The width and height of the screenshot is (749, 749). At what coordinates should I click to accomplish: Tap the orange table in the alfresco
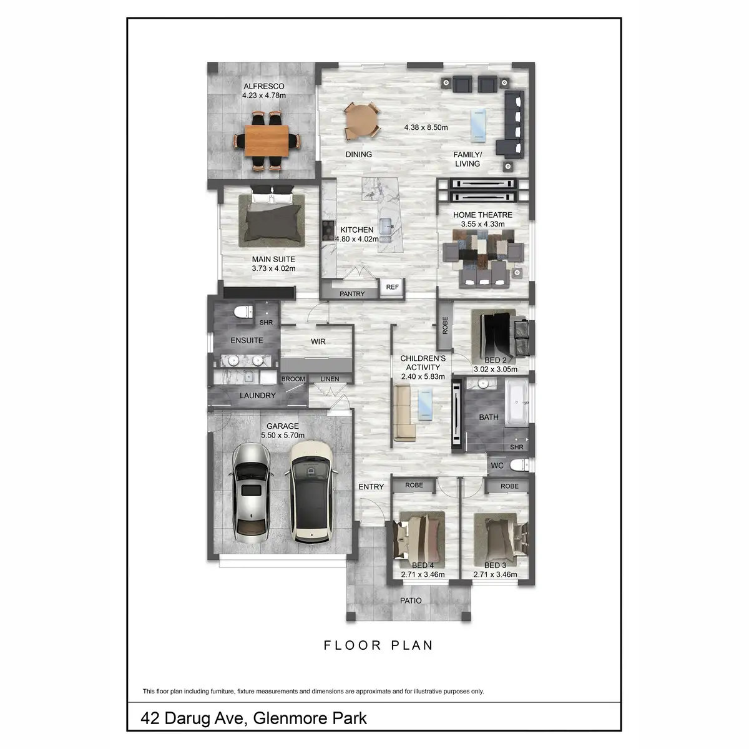267,141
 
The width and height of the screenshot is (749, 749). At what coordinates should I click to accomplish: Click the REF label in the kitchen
392,287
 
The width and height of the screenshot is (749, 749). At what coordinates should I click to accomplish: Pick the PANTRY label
352,293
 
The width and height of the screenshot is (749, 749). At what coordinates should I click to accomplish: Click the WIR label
318,342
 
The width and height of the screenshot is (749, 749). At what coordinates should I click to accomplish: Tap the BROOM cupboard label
293,379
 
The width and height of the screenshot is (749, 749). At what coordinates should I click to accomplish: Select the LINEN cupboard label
330,379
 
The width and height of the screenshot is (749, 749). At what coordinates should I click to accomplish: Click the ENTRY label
371,487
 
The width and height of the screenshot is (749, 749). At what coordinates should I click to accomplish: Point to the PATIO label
410,600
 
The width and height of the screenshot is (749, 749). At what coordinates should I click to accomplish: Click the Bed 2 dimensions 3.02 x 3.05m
495,369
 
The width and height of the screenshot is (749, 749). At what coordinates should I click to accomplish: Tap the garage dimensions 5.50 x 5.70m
283,435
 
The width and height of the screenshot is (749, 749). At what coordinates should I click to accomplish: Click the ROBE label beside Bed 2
445,325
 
